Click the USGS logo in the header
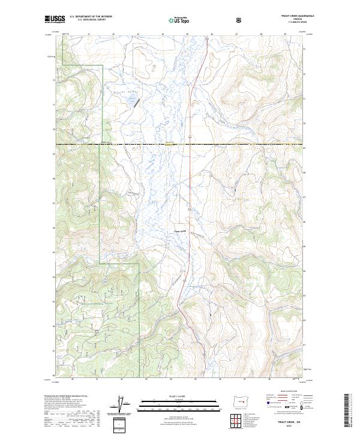click(x=55, y=19)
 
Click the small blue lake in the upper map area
click(x=129, y=102)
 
